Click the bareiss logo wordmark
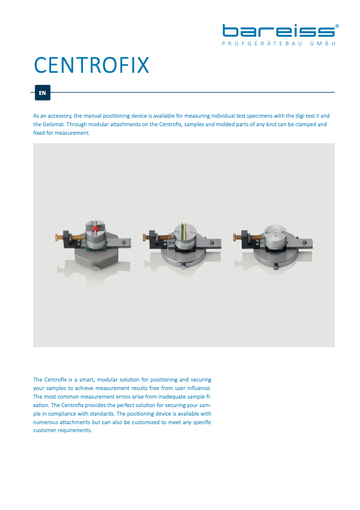[279, 31]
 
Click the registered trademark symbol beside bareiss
[337, 26]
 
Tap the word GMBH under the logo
[322, 44]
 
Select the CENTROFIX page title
[92, 65]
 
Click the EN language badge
[42, 93]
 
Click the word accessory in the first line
[60, 116]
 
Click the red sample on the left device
[95, 229]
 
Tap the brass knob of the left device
[57, 237]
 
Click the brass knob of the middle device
[144, 237]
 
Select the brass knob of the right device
[235, 237]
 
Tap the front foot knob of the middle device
[184, 266]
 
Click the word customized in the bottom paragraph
[146, 422]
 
